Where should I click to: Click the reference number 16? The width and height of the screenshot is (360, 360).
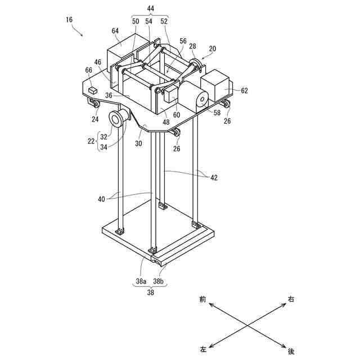tap(69, 20)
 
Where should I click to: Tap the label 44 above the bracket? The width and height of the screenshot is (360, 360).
tap(150, 9)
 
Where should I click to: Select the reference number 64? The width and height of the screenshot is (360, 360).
tap(115, 30)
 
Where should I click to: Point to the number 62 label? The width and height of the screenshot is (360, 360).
tap(244, 90)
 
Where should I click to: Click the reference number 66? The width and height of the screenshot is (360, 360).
tap(88, 70)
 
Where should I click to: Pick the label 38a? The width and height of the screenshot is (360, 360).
tap(141, 281)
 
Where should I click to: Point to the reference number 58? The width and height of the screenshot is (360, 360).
tap(217, 112)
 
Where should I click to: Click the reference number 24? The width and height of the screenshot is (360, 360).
tap(95, 119)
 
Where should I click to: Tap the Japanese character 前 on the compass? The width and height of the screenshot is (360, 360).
tap(202, 300)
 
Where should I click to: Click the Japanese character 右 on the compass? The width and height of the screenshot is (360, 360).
tap(291, 299)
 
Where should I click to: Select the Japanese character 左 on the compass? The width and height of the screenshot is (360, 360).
tap(203, 349)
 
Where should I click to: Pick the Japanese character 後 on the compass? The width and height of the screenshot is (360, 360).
tap(291, 351)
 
